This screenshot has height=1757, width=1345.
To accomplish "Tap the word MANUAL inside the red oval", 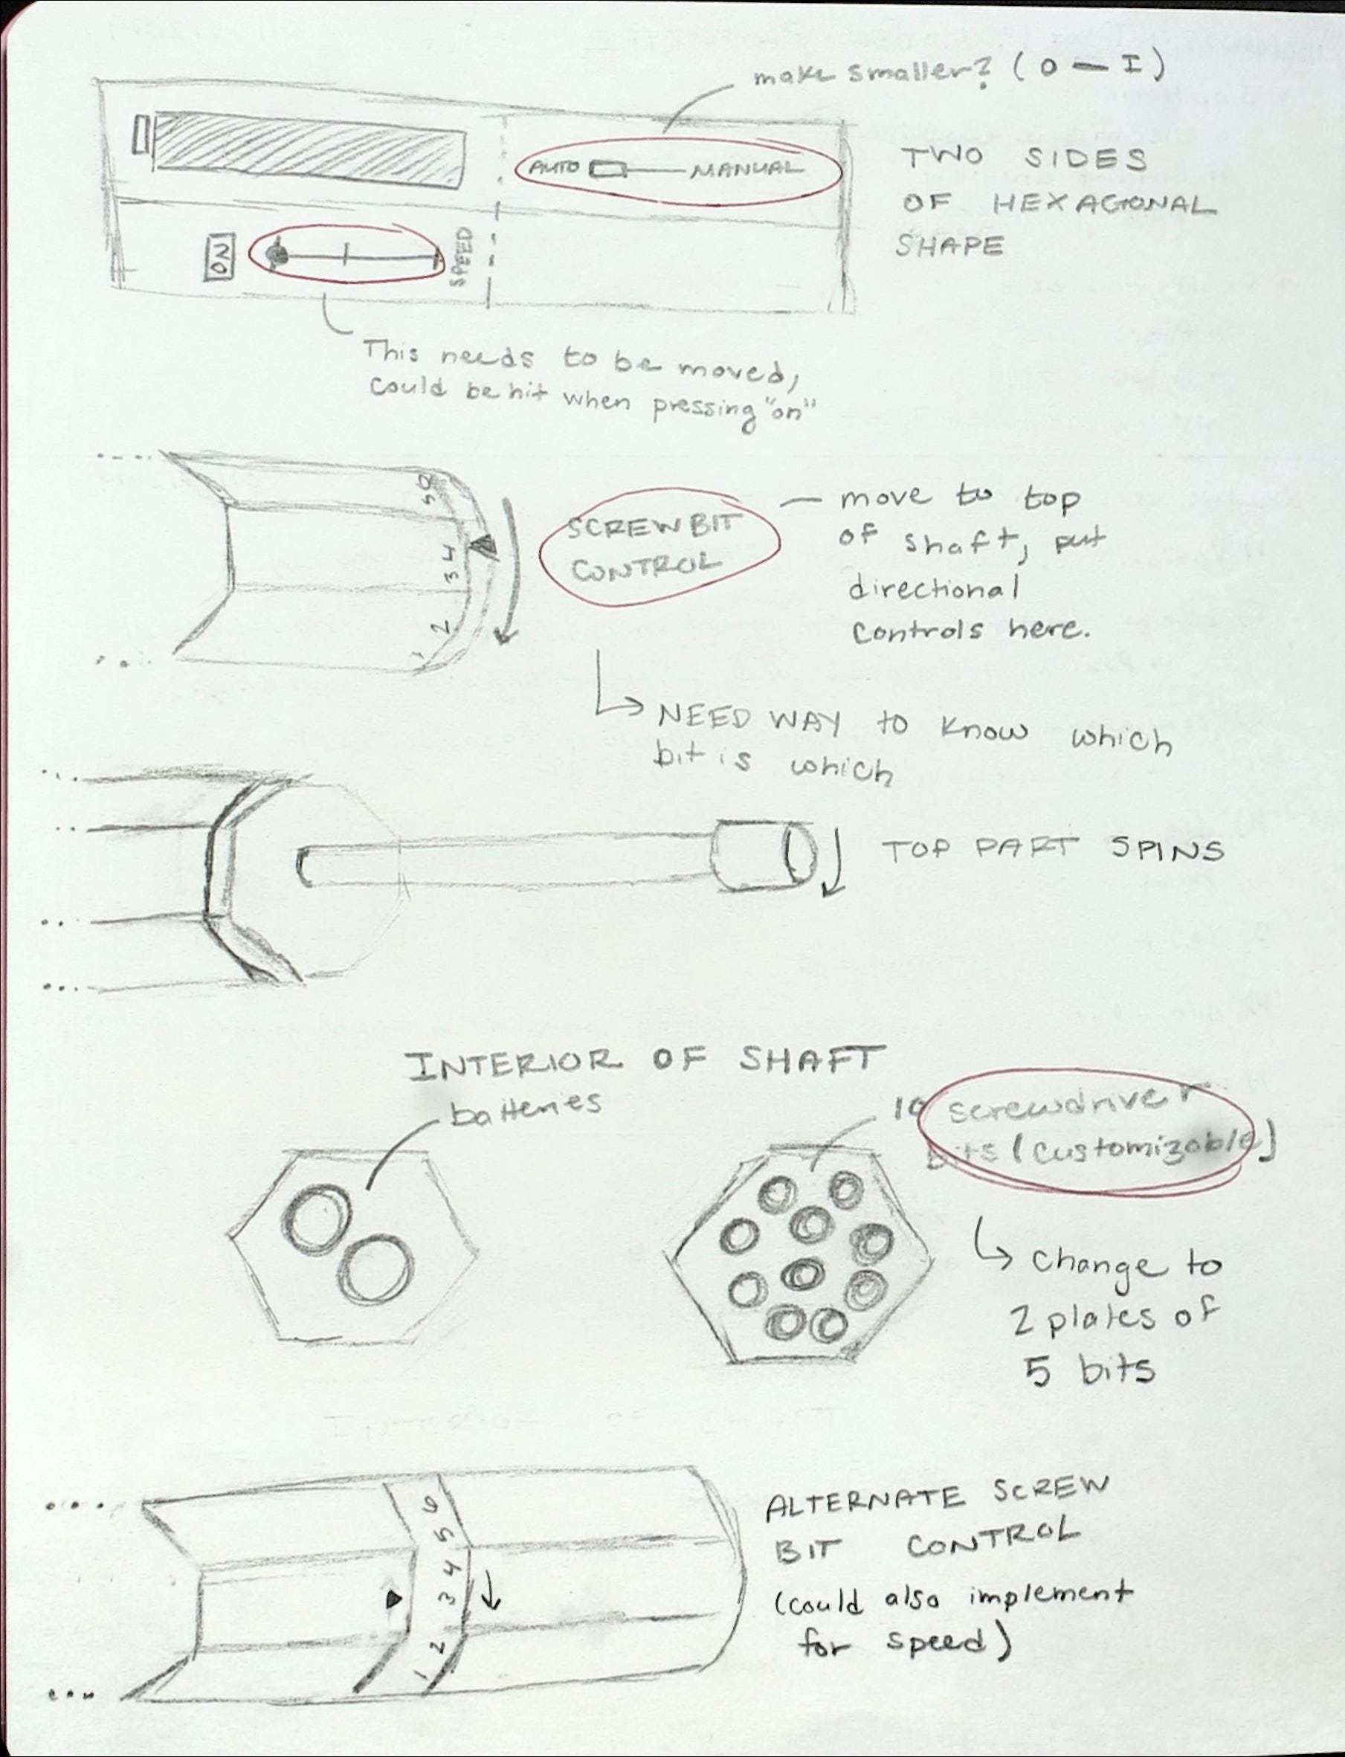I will tap(746, 170).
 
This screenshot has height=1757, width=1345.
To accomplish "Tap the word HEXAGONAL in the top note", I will tap(1104, 206).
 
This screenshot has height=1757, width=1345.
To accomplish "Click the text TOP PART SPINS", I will tap(1052, 848).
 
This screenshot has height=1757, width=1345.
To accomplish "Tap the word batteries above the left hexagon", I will tap(524, 1105).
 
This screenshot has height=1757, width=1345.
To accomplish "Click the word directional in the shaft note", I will tap(932, 590).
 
